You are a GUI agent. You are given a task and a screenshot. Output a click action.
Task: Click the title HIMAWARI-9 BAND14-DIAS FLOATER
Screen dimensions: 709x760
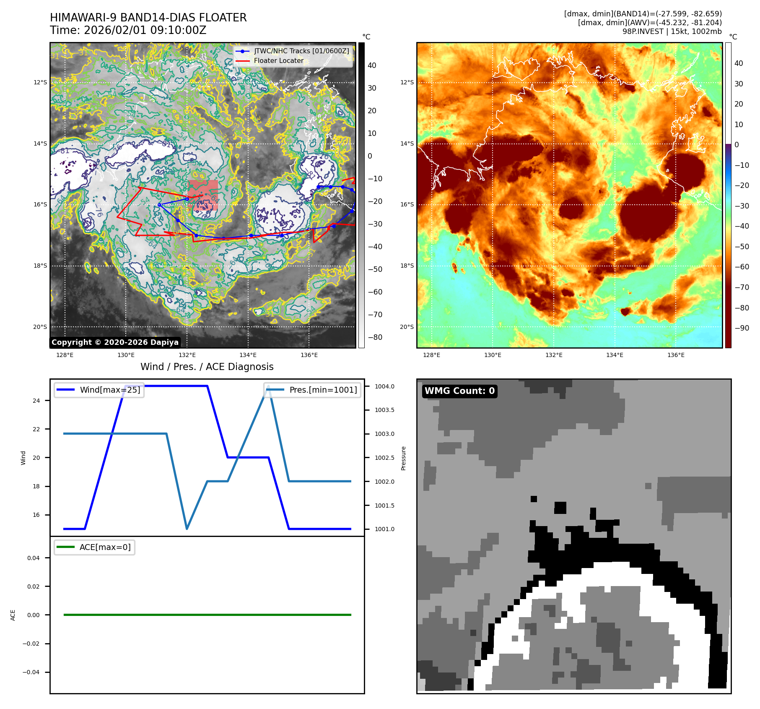click(148, 18)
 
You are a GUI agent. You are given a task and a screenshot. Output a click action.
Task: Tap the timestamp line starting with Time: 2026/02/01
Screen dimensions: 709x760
click(128, 30)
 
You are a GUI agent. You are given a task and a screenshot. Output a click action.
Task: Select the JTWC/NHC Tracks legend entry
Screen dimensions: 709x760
click(301, 51)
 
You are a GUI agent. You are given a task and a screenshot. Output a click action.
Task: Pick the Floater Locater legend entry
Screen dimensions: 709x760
click(278, 60)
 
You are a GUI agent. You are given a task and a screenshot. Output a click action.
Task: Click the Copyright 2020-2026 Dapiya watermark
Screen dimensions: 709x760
click(115, 342)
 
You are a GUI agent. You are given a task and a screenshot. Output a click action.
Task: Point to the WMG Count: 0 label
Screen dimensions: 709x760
click(459, 391)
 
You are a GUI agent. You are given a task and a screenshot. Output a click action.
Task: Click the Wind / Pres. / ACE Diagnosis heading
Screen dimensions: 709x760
click(207, 367)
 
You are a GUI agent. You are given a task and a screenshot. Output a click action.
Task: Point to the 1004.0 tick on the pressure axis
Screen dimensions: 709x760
click(384, 386)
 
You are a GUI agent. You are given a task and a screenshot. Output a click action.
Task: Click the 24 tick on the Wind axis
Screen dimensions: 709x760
click(36, 401)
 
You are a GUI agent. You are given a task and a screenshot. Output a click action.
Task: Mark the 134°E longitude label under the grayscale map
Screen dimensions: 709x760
click(248, 355)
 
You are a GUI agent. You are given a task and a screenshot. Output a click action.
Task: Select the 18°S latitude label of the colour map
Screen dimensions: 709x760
click(407, 266)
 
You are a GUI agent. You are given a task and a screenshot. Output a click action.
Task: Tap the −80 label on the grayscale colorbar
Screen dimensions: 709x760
click(375, 337)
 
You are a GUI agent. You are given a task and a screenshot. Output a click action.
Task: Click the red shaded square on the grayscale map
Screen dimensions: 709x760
click(203, 195)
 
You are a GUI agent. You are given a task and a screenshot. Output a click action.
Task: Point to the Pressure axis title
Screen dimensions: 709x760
click(403, 458)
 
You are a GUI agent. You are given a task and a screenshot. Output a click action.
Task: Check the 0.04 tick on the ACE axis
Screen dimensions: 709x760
click(34, 558)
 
